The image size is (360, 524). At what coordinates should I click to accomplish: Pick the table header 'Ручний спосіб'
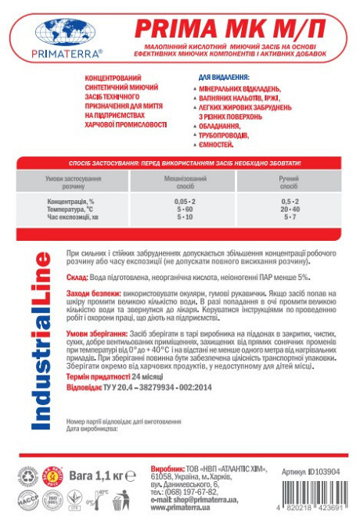point(290,183)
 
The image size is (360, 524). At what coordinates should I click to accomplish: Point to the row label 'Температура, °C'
point(71,210)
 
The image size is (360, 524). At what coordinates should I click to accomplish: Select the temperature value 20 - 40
point(290,210)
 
